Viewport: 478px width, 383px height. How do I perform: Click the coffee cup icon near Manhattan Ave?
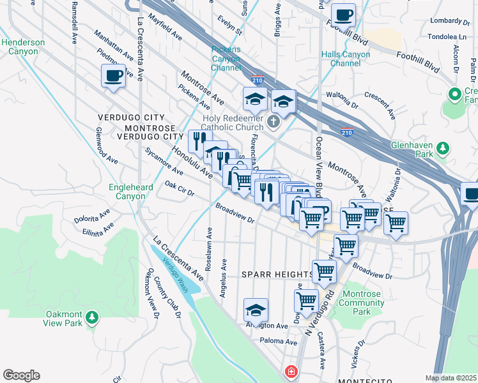coord(114,77)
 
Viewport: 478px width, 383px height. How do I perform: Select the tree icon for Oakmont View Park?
coord(92,317)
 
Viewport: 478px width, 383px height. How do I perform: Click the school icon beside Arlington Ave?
coord(256,311)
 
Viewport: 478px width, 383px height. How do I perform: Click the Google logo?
coord(21,375)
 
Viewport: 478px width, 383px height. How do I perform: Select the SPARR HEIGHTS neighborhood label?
coord(278,274)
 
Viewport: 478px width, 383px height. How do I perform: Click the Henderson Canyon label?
coord(23,47)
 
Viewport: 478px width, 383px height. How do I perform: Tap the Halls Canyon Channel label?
coord(346,59)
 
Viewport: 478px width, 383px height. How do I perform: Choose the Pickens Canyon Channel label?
coord(226,58)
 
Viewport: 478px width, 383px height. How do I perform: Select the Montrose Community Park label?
coord(362,303)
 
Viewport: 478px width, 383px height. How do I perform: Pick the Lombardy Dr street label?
coord(445,20)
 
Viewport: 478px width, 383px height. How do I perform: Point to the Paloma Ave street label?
coord(278,342)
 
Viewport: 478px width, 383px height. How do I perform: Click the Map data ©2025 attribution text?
coord(451,378)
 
